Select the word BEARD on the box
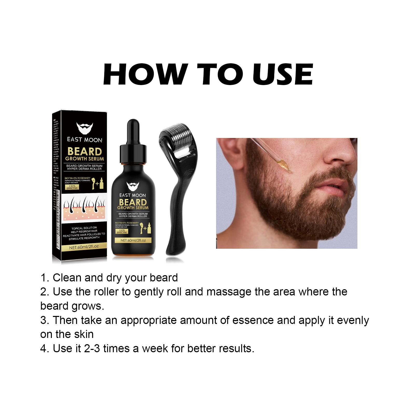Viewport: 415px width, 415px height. [x=85, y=152]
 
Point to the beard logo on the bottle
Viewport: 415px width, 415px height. [x=133, y=186]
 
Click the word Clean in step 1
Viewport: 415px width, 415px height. [x=67, y=278]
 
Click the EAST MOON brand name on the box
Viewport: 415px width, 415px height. [x=85, y=140]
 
